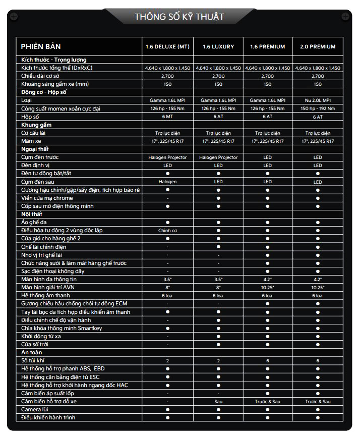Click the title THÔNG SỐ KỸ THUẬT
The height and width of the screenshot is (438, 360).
179,17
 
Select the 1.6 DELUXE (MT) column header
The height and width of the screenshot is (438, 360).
167,47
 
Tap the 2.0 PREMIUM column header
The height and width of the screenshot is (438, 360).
318,47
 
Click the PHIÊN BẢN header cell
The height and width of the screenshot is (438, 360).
41,46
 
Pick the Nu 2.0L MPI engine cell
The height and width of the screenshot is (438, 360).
318,100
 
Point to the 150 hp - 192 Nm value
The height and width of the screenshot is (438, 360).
318,108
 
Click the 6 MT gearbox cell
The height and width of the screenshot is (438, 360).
167,117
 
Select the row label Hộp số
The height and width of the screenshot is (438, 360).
30,117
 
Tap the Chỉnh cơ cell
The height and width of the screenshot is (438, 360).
167,230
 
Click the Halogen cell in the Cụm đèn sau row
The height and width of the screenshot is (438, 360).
167,182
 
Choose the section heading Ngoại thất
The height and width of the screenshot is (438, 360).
36,149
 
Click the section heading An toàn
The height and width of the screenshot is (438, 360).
31,352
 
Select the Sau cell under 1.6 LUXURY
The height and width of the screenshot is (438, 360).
218,401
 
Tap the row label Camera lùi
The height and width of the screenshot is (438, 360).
35,409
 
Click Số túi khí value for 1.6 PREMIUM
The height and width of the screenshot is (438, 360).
268,361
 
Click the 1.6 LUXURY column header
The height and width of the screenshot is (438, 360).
218,47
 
